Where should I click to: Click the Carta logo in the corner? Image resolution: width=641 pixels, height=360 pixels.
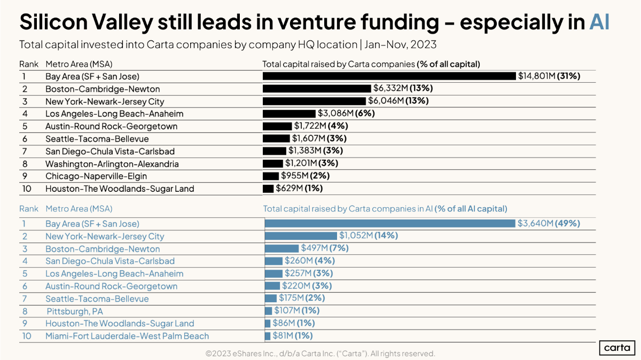point(616,348)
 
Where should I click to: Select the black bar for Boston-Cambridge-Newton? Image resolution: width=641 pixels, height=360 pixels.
point(317,89)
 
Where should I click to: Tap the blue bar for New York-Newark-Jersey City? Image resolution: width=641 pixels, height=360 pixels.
point(301,236)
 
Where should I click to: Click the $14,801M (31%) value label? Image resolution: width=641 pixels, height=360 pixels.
point(549,76)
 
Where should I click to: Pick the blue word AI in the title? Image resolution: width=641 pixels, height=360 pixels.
point(599,22)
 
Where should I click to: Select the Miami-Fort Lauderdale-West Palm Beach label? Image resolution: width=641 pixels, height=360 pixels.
point(127,336)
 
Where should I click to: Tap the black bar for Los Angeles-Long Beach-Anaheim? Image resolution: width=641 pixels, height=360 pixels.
point(289,114)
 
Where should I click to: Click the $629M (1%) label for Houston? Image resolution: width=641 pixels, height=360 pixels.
point(299,189)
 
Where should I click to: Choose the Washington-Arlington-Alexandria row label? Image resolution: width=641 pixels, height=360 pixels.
point(112,164)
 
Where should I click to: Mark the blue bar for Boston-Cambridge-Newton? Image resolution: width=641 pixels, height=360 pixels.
point(282,249)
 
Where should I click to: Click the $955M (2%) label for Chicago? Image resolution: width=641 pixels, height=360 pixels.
point(305,176)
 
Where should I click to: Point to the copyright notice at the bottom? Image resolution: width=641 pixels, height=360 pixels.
point(320,354)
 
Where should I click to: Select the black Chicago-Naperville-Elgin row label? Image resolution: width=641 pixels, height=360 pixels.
point(96,176)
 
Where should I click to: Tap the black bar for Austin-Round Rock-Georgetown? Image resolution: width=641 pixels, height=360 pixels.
point(277,126)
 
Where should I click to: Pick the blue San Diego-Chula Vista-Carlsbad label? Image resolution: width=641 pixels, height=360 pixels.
point(110,261)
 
